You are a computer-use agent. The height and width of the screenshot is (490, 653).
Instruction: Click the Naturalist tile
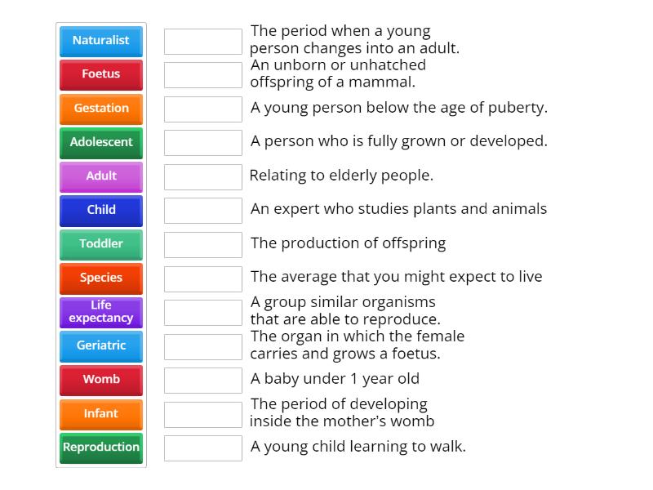(101, 40)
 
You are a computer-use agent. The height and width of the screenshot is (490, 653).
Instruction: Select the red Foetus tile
(101, 74)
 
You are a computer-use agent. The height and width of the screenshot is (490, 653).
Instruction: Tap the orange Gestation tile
(101, 108)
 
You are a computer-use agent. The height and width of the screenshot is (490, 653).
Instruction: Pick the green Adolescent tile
(101, 142)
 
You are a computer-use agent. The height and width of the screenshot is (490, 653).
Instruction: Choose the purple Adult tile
(101, 176)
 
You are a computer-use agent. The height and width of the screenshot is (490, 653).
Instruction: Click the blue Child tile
(101, 210)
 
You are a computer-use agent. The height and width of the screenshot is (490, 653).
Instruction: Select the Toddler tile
(101, 243)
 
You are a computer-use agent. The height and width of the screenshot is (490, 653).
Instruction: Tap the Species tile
(101, 278)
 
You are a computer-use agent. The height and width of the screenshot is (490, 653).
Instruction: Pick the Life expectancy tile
(101, 311)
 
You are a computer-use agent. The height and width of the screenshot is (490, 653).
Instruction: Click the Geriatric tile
(101, 345)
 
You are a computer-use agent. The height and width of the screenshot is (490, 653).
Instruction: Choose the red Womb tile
(101, 379)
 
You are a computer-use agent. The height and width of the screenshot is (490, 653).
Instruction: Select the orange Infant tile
(101, 413)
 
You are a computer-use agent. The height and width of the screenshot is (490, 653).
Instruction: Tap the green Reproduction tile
(101, 447)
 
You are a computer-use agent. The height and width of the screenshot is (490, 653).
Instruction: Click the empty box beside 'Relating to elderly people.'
(203, 176)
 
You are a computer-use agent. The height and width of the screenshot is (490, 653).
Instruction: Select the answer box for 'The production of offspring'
(203, 244)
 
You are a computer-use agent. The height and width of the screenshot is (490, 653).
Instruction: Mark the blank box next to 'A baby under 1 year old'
(203, 380)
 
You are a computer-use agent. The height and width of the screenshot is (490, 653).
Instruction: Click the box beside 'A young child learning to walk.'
(203, 448)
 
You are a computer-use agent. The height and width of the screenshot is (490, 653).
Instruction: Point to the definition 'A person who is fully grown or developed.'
(398, 141)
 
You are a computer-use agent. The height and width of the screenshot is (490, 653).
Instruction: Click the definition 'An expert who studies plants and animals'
(398, 209)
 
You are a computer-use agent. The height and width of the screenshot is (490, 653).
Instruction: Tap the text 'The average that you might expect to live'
(396, 277)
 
